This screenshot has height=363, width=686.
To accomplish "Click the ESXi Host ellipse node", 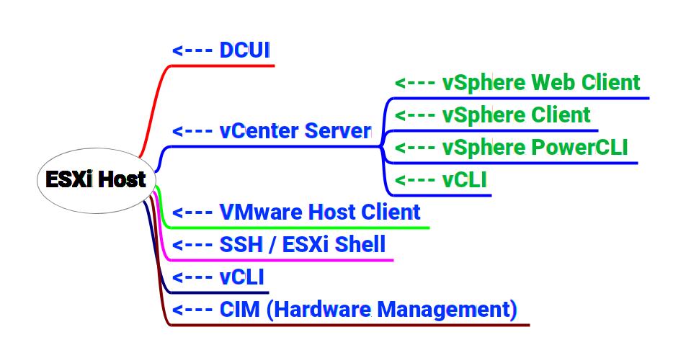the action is click(97, 180).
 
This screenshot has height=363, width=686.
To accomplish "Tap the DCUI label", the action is click(244, 50).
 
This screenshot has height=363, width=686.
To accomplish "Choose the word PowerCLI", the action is click(579, 147).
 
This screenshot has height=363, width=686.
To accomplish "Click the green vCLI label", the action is click(464, 180).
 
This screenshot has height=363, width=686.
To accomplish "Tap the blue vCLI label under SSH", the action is click(242, 277).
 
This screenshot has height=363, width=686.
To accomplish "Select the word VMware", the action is click(261, 212).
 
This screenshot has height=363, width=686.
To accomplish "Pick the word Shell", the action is click(360, 244).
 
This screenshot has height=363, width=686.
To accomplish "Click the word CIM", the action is click(240, 309).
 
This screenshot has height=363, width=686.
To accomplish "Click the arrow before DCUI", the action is click(192, 50).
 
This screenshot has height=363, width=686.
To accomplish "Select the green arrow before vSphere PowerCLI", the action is click(415, 148).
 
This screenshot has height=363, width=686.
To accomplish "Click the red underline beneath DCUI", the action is click(222, 66).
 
